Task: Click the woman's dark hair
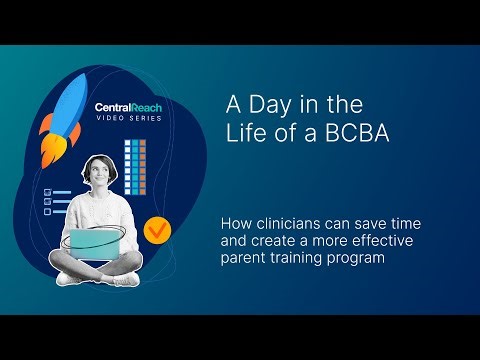[x=103, y=163]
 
